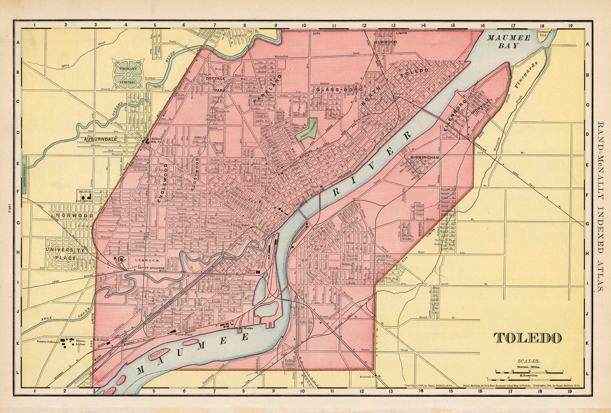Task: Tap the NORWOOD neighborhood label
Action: pos(75,216)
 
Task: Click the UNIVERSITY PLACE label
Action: pos(64,254)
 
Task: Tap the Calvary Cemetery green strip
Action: pos(24,175)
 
